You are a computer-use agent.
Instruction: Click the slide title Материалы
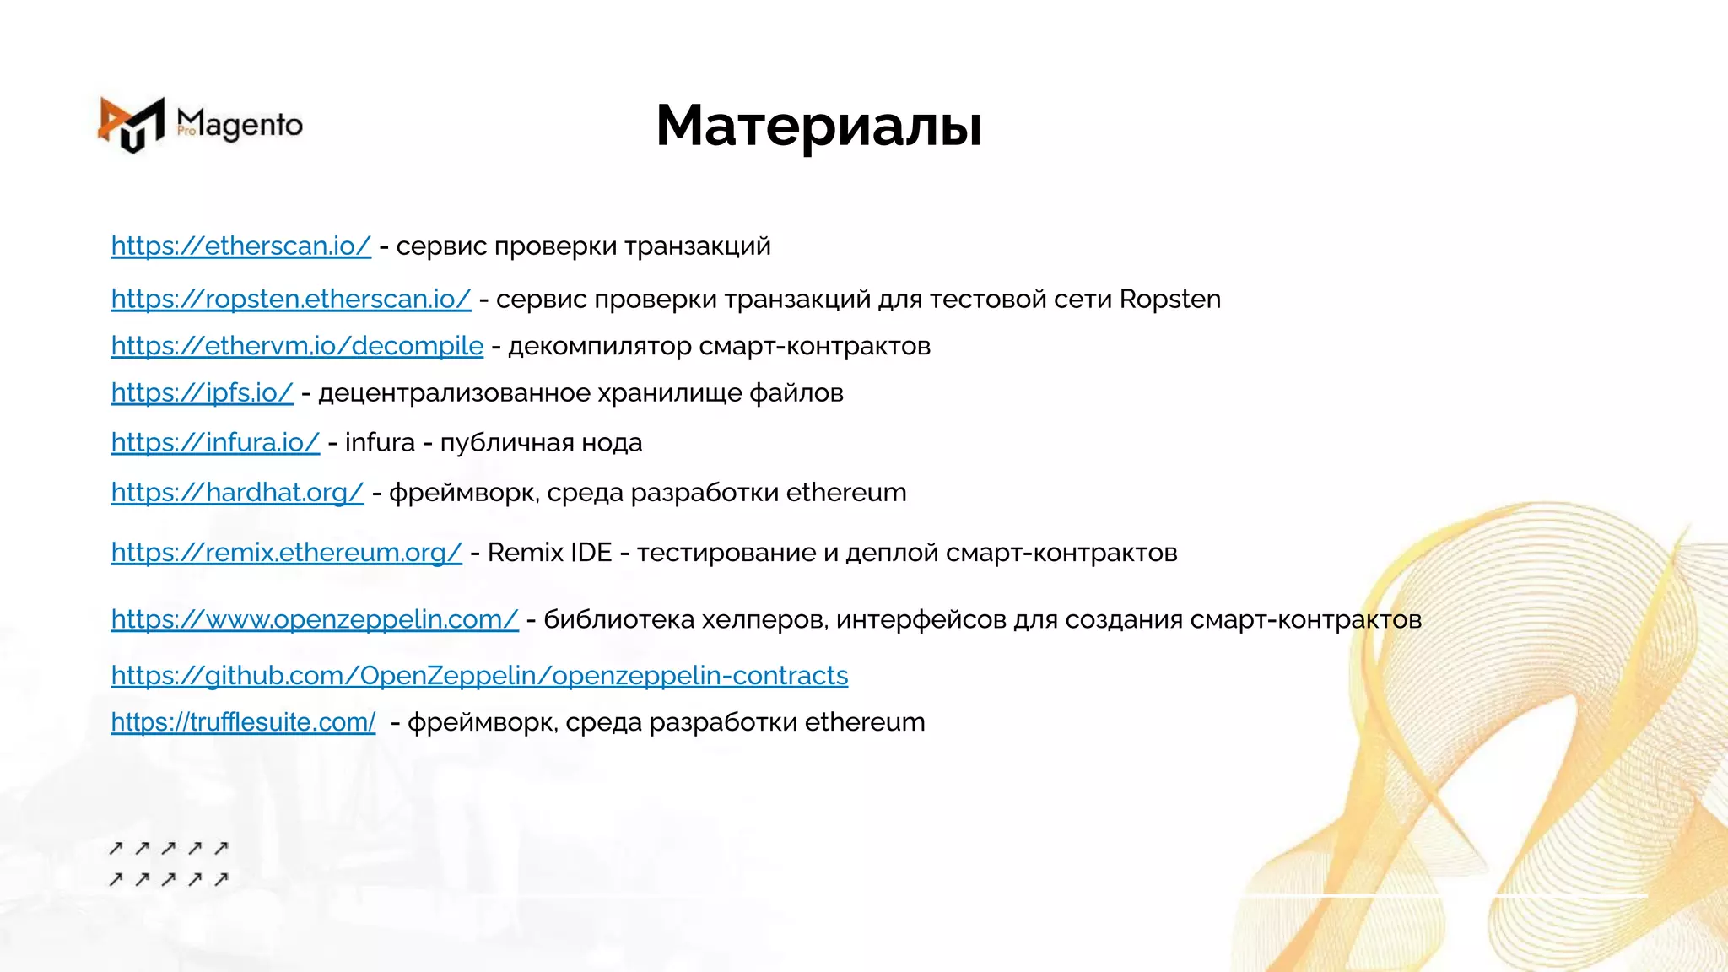(818, 127)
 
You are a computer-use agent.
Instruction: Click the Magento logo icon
(131, 125)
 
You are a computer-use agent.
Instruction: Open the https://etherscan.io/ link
(240, 246)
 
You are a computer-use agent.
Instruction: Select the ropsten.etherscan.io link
(290, 299)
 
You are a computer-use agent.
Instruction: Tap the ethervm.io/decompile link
(297, 346)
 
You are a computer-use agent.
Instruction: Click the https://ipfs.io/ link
(202, 393)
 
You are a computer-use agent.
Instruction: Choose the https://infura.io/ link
(215, 442)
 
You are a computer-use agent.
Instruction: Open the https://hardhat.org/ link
(237, 492)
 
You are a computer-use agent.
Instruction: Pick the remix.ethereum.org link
(286, 553)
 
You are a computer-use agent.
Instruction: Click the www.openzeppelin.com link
(314, 619)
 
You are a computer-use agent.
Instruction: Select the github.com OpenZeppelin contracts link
(479, 675)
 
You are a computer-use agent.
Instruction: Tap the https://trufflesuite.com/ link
(243, 722)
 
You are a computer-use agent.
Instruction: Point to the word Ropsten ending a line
(1169, 300)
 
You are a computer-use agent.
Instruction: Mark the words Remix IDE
(549, 553)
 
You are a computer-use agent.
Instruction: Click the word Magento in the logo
(240, 125)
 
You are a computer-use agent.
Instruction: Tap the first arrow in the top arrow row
(116, 848)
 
